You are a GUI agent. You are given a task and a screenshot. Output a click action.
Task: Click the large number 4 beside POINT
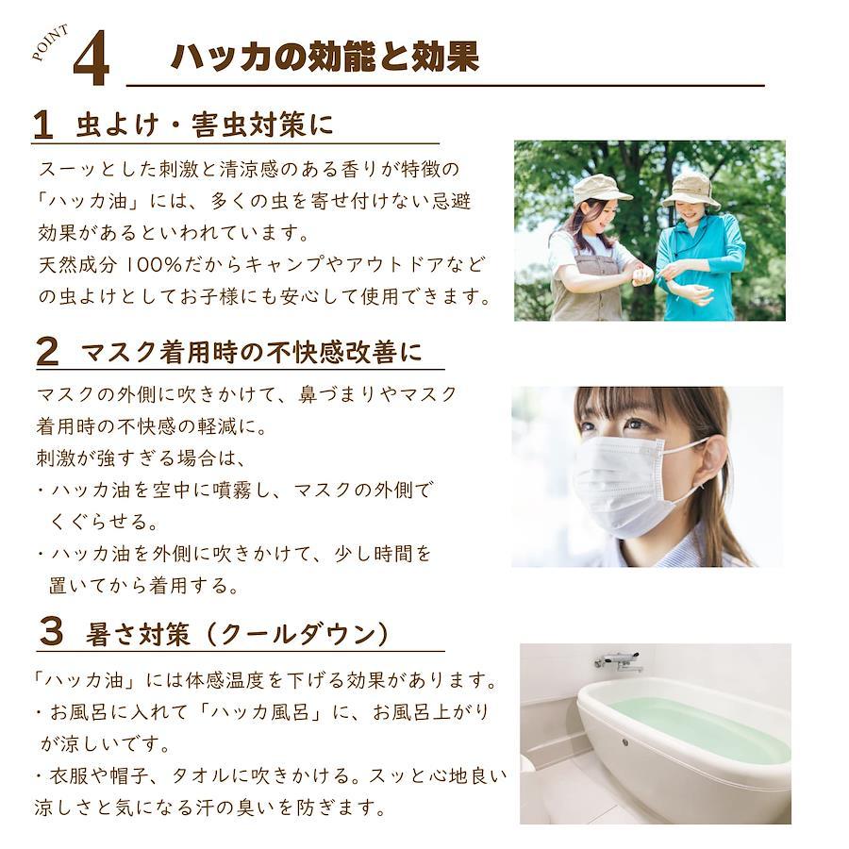[x=92, y=58]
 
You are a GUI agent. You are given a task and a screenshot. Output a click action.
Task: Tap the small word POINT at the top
[x=50, y=42]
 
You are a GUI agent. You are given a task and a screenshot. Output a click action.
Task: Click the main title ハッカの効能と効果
[x=325, y=57]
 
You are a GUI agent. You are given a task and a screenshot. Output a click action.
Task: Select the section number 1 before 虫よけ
[x=42, y=125]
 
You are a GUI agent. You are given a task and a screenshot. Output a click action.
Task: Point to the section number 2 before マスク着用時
[x=47, y=352]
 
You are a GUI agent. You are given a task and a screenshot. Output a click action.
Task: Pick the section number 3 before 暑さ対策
[x=52, y=632]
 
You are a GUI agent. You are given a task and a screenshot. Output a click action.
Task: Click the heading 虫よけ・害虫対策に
[x=204, y=125]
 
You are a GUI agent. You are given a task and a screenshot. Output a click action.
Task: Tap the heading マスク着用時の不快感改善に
[x=251, y=353]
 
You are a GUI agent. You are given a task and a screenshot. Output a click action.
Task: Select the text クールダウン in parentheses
[x=297, y=634]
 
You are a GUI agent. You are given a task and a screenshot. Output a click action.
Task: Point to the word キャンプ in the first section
[x=280, y=265]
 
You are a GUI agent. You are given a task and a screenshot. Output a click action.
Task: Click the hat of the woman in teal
[x=691, y=191]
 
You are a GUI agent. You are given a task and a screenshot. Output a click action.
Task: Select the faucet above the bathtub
[x=619, y=661]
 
